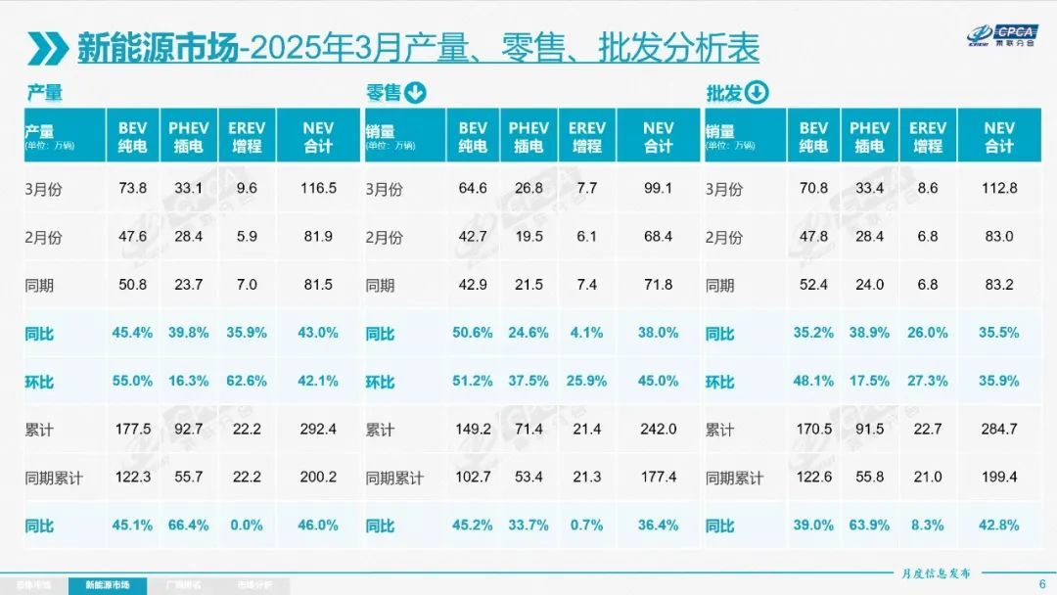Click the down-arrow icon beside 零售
(415, 93)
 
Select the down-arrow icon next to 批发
(758, 93)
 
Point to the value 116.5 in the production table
(318, 188)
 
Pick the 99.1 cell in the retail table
(659, 188)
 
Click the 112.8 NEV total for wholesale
(999, 188)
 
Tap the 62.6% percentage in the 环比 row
(247, 381)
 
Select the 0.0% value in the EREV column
(247, 525)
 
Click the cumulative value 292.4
(318, 429)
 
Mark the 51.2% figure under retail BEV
(473, 381)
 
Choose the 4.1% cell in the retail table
(587, 333)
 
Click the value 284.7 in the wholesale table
(999, 429)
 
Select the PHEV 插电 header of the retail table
(529, 137)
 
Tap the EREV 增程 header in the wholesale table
(928, 137)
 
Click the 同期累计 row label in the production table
(54, 478)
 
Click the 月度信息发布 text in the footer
(936, 573)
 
